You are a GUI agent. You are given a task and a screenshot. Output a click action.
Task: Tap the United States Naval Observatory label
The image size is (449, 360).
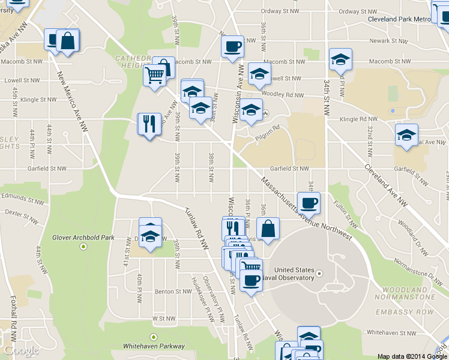click(294, 274)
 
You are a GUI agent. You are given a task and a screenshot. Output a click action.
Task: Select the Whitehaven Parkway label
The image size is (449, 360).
click(154, 346)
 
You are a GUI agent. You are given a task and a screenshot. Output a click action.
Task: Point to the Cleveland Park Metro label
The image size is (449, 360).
click(399, 19)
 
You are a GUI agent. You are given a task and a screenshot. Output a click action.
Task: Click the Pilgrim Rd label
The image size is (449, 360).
click(269, 128)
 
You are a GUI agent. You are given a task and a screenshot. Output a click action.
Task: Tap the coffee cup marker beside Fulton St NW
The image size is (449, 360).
click(309, 203)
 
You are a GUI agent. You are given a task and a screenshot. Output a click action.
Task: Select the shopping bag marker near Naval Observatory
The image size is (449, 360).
click(268, 228)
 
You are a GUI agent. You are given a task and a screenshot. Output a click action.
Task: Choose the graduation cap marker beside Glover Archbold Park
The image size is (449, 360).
click(150, 235)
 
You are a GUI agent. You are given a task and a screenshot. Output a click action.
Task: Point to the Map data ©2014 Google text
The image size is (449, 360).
click(412, 356)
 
